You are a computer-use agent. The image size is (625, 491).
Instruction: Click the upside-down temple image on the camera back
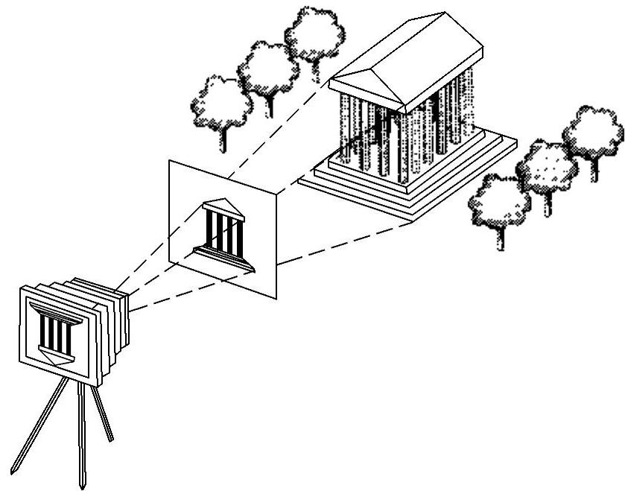55,335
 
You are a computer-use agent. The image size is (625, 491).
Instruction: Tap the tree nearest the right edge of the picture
594,134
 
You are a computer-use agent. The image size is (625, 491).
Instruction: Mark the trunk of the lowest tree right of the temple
499,237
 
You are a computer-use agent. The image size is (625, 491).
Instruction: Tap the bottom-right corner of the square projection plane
276,298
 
